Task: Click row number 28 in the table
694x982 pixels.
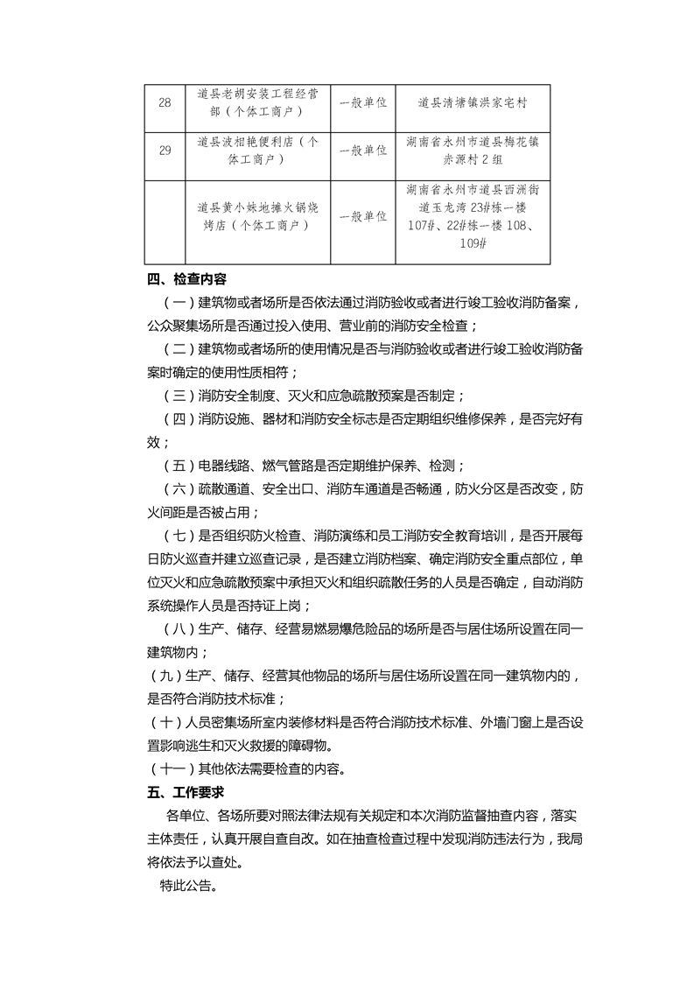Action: click(x=165, y=102)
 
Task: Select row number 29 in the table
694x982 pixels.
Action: click(x=165, y=151)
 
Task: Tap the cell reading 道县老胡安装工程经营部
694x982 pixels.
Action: click(x=257, y=102)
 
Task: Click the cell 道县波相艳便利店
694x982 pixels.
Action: click(x=257, y=151)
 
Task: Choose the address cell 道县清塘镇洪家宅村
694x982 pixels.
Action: click(x=473, y=102)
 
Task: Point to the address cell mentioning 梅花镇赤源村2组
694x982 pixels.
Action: click(x=473, y=151)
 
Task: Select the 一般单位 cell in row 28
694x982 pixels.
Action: click(x=363, y=102)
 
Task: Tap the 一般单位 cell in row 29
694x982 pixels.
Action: click(x=363, y=151)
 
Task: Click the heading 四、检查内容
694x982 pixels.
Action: click(x=186, y=280)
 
